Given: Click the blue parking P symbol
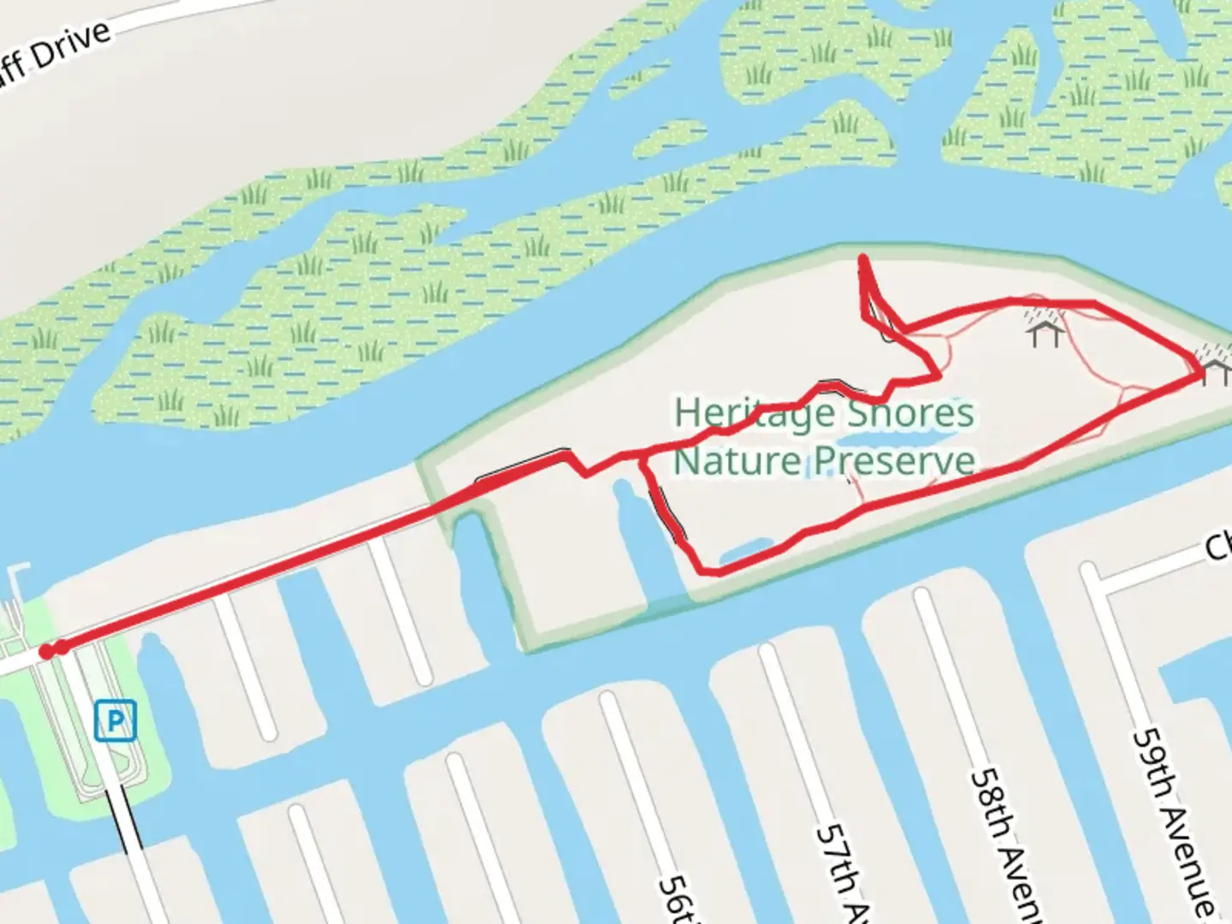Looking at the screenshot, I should tap(115, 720).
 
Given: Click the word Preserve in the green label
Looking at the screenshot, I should tap(894, 461).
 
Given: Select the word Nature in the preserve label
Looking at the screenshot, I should tap(737, 461).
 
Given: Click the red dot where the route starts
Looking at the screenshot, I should tap(47, 652).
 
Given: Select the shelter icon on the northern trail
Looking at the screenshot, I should tap(1045, 329).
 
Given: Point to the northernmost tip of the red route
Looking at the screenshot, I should tap(863, 258).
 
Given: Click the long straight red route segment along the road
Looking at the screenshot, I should tap(257, 573).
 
